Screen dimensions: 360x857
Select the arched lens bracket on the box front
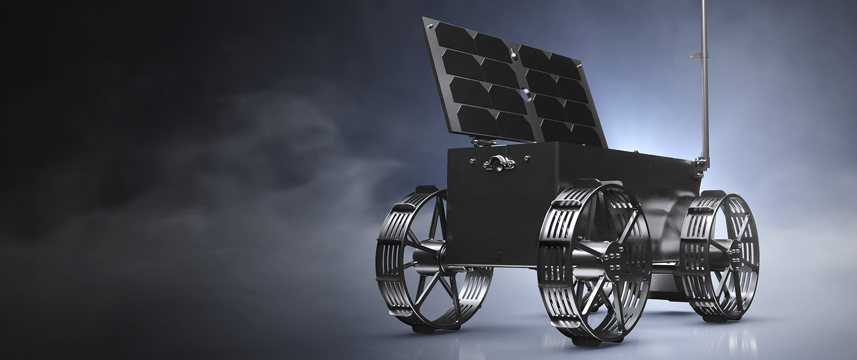coord(497,163)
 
